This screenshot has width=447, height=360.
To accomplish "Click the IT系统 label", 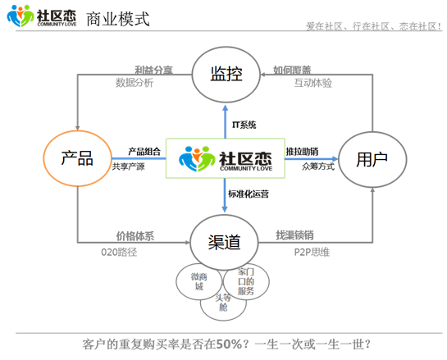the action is [244, 125].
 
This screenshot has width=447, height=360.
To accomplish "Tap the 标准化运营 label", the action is [249, 194].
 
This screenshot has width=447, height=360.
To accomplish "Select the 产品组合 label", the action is [144, 152].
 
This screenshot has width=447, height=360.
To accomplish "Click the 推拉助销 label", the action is [302, 152].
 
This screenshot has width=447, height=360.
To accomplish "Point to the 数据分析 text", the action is [135, 83].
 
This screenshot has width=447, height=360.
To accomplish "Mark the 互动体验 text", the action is [313, 83].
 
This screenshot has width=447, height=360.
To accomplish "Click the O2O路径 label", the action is [119, 252].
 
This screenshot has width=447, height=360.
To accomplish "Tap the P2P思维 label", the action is [312, 252].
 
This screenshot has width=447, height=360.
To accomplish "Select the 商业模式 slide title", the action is [118, 19].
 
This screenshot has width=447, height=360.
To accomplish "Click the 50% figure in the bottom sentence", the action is [229, 344].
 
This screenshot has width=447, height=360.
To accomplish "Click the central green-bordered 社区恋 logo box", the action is [226, 158].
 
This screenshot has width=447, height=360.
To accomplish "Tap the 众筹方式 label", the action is [318, 166].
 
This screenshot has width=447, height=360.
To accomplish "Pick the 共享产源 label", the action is [128, 166].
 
